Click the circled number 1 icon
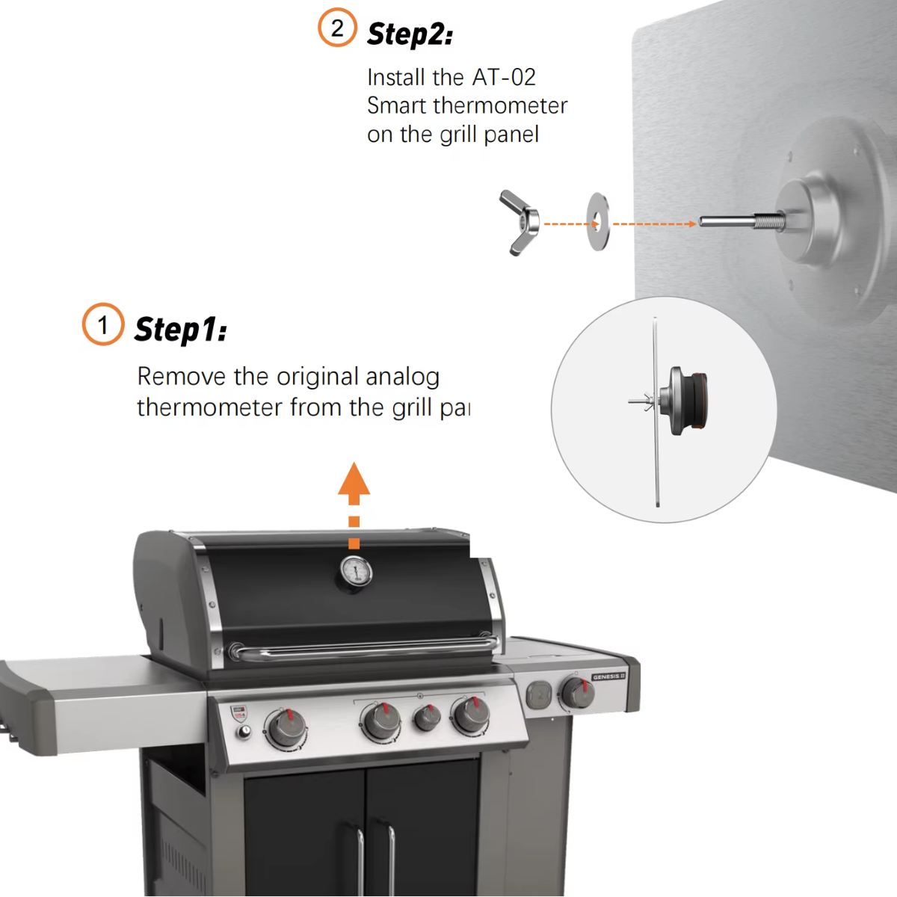click(x=103, y=324)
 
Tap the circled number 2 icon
click(x=337, y=28)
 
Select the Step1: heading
click(x=180, y=330)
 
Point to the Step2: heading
click(x=410, y=34)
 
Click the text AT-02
click(x=504, y=77)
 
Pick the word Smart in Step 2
click(x=396, y=105)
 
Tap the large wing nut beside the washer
click(x=520, y=223)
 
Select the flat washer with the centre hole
click(x=598, y=222)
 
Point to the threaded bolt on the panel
click(x=740, y=222)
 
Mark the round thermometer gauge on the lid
click(x=356, y=572)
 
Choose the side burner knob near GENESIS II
click(x=577, y=694)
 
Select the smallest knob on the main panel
click(x=427, y=718)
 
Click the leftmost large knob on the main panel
click(x=286, y=729)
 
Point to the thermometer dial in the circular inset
click(x=686, y=400)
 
